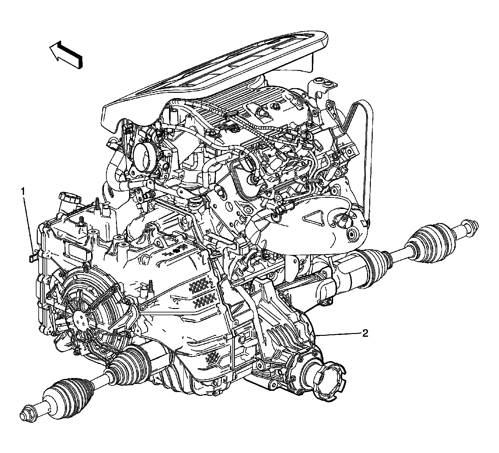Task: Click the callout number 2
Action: pyautogui.click(x=365, y=333)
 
